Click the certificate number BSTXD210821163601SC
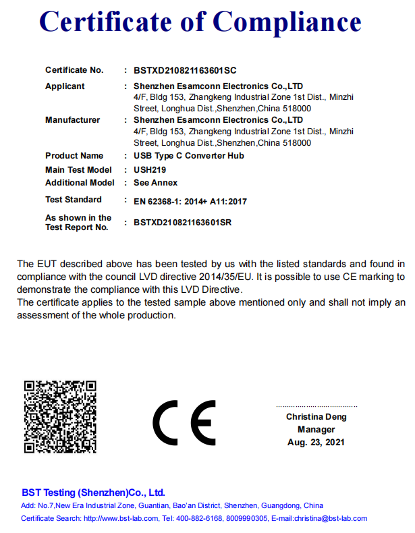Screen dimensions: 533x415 185,70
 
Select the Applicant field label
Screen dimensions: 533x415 65,86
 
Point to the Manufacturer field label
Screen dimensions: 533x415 72,120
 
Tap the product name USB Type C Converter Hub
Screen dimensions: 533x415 189,156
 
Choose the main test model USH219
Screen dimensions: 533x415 150,170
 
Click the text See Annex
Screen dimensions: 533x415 156,183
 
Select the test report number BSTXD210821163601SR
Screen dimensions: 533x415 183,222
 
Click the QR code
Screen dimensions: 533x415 61,417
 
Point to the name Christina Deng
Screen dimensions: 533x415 316,417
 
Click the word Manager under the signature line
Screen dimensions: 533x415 316,430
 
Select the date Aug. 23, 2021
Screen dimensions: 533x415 316,443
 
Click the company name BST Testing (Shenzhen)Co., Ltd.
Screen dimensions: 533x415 93,493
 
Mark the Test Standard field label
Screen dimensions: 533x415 74,200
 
